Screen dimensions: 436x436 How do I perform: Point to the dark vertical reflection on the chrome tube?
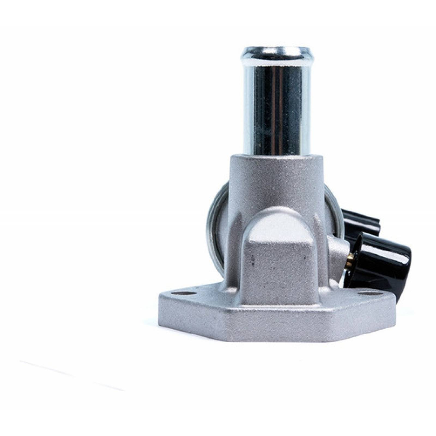pyautogui.click(x=262, y=104)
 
